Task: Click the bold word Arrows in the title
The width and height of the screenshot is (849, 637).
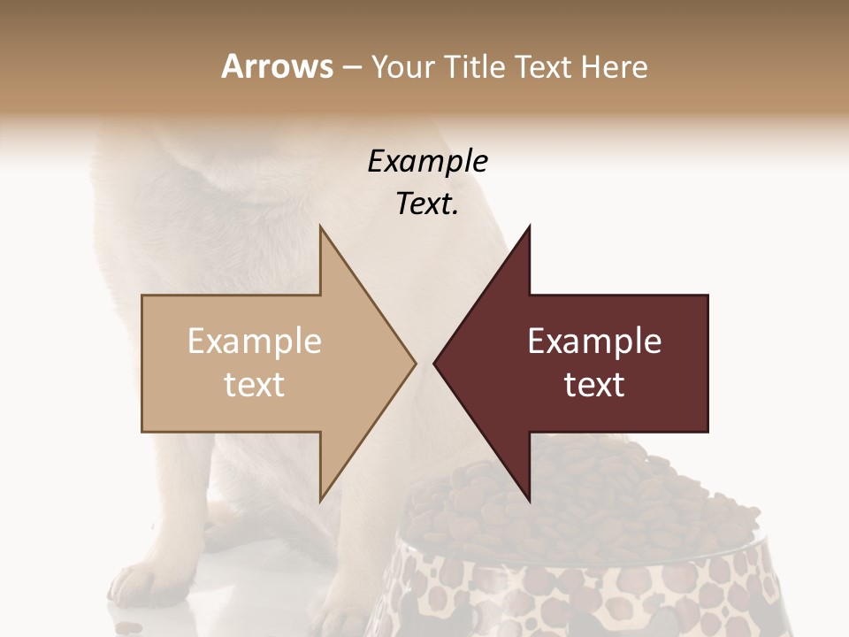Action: [x=278, y=66]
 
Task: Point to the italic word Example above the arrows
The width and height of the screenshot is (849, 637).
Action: [x=428, y=161]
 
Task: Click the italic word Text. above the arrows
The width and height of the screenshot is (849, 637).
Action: [x=428, y=204]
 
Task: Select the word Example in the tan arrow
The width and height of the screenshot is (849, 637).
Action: [x=255, y=342]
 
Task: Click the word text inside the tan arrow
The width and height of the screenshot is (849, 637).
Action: [x=255, y=385]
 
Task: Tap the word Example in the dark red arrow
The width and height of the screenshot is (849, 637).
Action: [x=594, y=342]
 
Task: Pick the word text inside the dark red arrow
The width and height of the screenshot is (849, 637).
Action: [x=594, y=385]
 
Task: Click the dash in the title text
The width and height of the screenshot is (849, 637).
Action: [x=351, y=67]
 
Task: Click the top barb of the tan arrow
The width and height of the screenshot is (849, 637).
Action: [x=323, y=232]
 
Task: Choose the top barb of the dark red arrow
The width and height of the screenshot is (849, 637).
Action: [x=527, y=232]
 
